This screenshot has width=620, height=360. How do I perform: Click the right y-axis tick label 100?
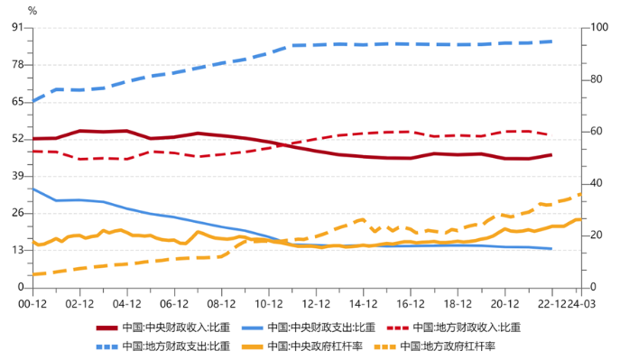click(596, 28)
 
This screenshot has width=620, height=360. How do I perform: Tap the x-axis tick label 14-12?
click(363, 305)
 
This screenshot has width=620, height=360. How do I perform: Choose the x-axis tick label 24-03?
click(581, 305)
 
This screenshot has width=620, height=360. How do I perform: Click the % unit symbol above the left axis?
click(32, 11)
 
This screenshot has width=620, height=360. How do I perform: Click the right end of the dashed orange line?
click(580, 194)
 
